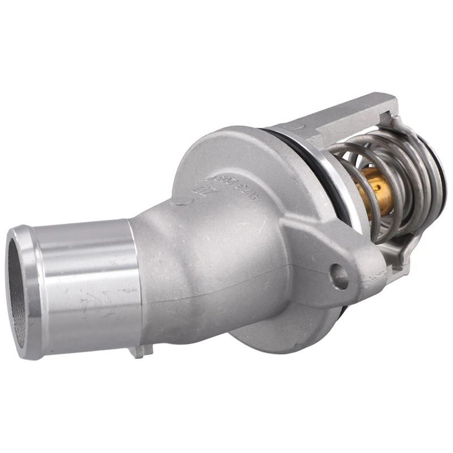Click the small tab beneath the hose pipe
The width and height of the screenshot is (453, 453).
click(x=140, y=351)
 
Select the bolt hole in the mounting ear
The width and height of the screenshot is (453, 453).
click(x=339, y=276)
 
